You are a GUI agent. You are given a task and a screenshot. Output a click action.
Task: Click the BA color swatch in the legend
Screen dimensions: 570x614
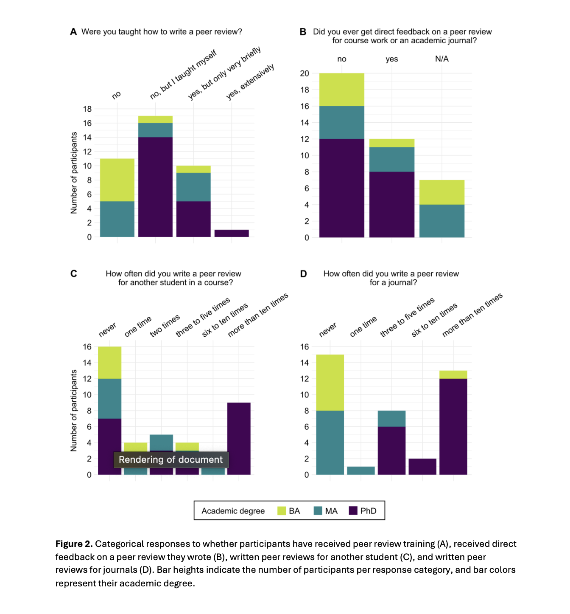(x=282, y=510)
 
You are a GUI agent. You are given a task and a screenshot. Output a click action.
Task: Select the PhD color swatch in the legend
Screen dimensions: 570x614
(x=353, y=510)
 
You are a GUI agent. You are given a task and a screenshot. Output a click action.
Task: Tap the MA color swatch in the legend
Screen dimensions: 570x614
(x=318, y=510)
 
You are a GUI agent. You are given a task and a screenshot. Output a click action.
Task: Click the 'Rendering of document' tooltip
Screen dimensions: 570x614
(x=171, y=459)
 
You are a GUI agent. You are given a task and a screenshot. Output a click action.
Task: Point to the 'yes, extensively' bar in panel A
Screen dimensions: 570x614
(x=232, y=233)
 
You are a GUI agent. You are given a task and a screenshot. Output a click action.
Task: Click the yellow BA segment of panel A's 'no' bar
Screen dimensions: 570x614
(x=117, y=180)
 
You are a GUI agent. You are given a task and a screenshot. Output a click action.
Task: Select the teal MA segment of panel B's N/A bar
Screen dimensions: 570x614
(x=441, y=221)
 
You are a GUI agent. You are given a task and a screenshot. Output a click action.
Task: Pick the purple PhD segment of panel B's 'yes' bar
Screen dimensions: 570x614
(x=391, y=204)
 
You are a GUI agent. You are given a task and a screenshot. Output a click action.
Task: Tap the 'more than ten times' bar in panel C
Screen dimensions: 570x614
(x=238, y=438)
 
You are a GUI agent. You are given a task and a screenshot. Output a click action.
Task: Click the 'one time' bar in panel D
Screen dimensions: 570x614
(x=360, y=470)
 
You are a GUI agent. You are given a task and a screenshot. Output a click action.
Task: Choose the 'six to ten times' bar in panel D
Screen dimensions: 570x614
(x=422, y=467)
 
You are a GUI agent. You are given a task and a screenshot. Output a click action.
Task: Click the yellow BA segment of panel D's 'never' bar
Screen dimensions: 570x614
(x=330, y=383)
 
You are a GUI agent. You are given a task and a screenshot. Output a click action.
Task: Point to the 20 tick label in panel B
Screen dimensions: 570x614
(x=305, y=73)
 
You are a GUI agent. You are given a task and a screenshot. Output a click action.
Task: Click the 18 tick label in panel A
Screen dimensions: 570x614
(x=87, y=109)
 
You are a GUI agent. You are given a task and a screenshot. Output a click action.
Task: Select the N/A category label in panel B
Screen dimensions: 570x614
(x=441, y=59)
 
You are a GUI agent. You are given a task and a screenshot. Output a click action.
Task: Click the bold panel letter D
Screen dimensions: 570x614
(x=303, y=273)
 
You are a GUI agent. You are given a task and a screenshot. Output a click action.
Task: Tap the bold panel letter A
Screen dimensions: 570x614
(x=73, y=31)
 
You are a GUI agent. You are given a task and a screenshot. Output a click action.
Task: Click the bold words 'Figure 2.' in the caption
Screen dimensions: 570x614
(x=74, y=544)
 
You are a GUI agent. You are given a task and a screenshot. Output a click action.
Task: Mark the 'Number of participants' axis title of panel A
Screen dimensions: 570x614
(x=73, y=173)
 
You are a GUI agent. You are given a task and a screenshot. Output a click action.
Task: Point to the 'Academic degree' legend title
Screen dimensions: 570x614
(x=233, y=511)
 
